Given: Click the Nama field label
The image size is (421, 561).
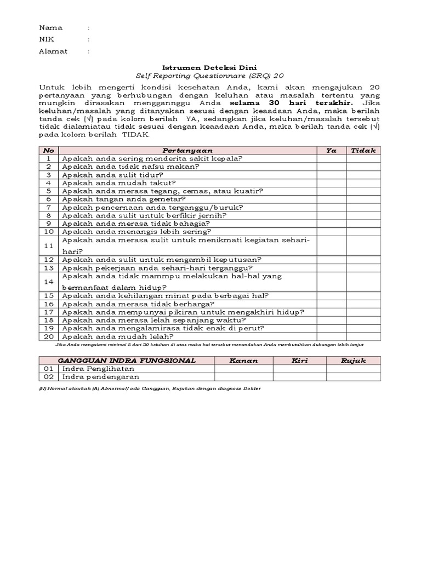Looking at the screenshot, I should click(x=50, y=27).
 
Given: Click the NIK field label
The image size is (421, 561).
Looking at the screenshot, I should click(x=47, y=39).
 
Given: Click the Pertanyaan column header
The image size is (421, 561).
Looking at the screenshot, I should click(x=187, y=150).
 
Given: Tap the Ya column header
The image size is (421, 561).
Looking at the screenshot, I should click(x=331, y=150).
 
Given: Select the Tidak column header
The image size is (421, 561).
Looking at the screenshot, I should click(x=363, y=150).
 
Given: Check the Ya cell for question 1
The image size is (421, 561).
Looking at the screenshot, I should click(x=331, y=158).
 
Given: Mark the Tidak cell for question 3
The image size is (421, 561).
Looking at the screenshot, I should click(x=363, y=175).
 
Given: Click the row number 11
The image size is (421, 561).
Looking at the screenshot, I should click(x=48, y=246).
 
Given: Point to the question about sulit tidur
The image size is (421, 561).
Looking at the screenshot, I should click(x=113, y=175).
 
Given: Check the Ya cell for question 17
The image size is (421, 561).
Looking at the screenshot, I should click(x=331, y=312).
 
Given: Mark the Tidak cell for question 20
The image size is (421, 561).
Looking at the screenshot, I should click(x=363, y=336).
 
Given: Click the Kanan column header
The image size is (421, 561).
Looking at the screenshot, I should click(x=244, y=360).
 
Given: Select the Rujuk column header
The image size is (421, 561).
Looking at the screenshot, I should click(x=354, y=360).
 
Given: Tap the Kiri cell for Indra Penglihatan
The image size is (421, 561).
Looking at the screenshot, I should click(x=300, y=369).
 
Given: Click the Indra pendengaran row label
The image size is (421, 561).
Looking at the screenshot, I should click(x=101, y=377).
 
